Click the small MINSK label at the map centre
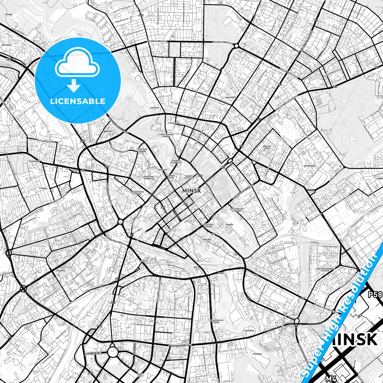coord(191,191)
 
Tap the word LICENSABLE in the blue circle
coord(78,101)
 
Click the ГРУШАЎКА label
coord(60,271)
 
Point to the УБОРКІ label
coord(143,261)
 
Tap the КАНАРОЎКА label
coord(231,97)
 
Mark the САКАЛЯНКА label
coord(249,331)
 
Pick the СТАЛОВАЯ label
coord(257,354)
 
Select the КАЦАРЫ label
coord(229,224)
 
